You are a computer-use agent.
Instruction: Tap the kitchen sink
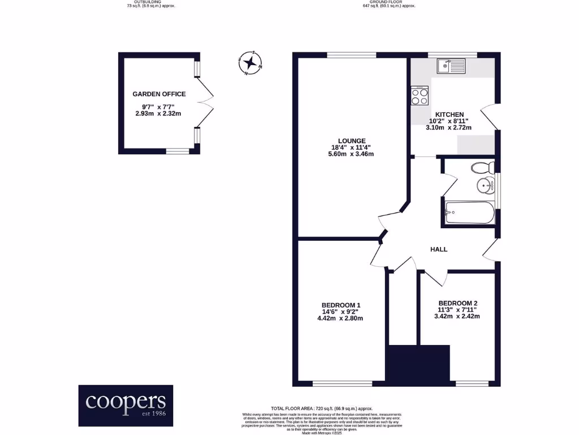click(450, 66)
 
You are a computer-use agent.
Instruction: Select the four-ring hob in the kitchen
click(420, 96)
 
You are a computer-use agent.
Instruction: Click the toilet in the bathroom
click(483, 167)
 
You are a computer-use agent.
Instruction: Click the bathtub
click(470, 213)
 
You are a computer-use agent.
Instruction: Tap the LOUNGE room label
click(352, 141)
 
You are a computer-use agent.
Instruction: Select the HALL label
click(439, 249)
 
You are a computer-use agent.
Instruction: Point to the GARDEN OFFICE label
click(159, 94)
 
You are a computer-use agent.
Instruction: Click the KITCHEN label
click(449, 114)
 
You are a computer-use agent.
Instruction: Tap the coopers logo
click(126, 402)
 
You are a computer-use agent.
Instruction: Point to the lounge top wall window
click(351, 55)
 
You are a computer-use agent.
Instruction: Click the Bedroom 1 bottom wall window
click(342, 383)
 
